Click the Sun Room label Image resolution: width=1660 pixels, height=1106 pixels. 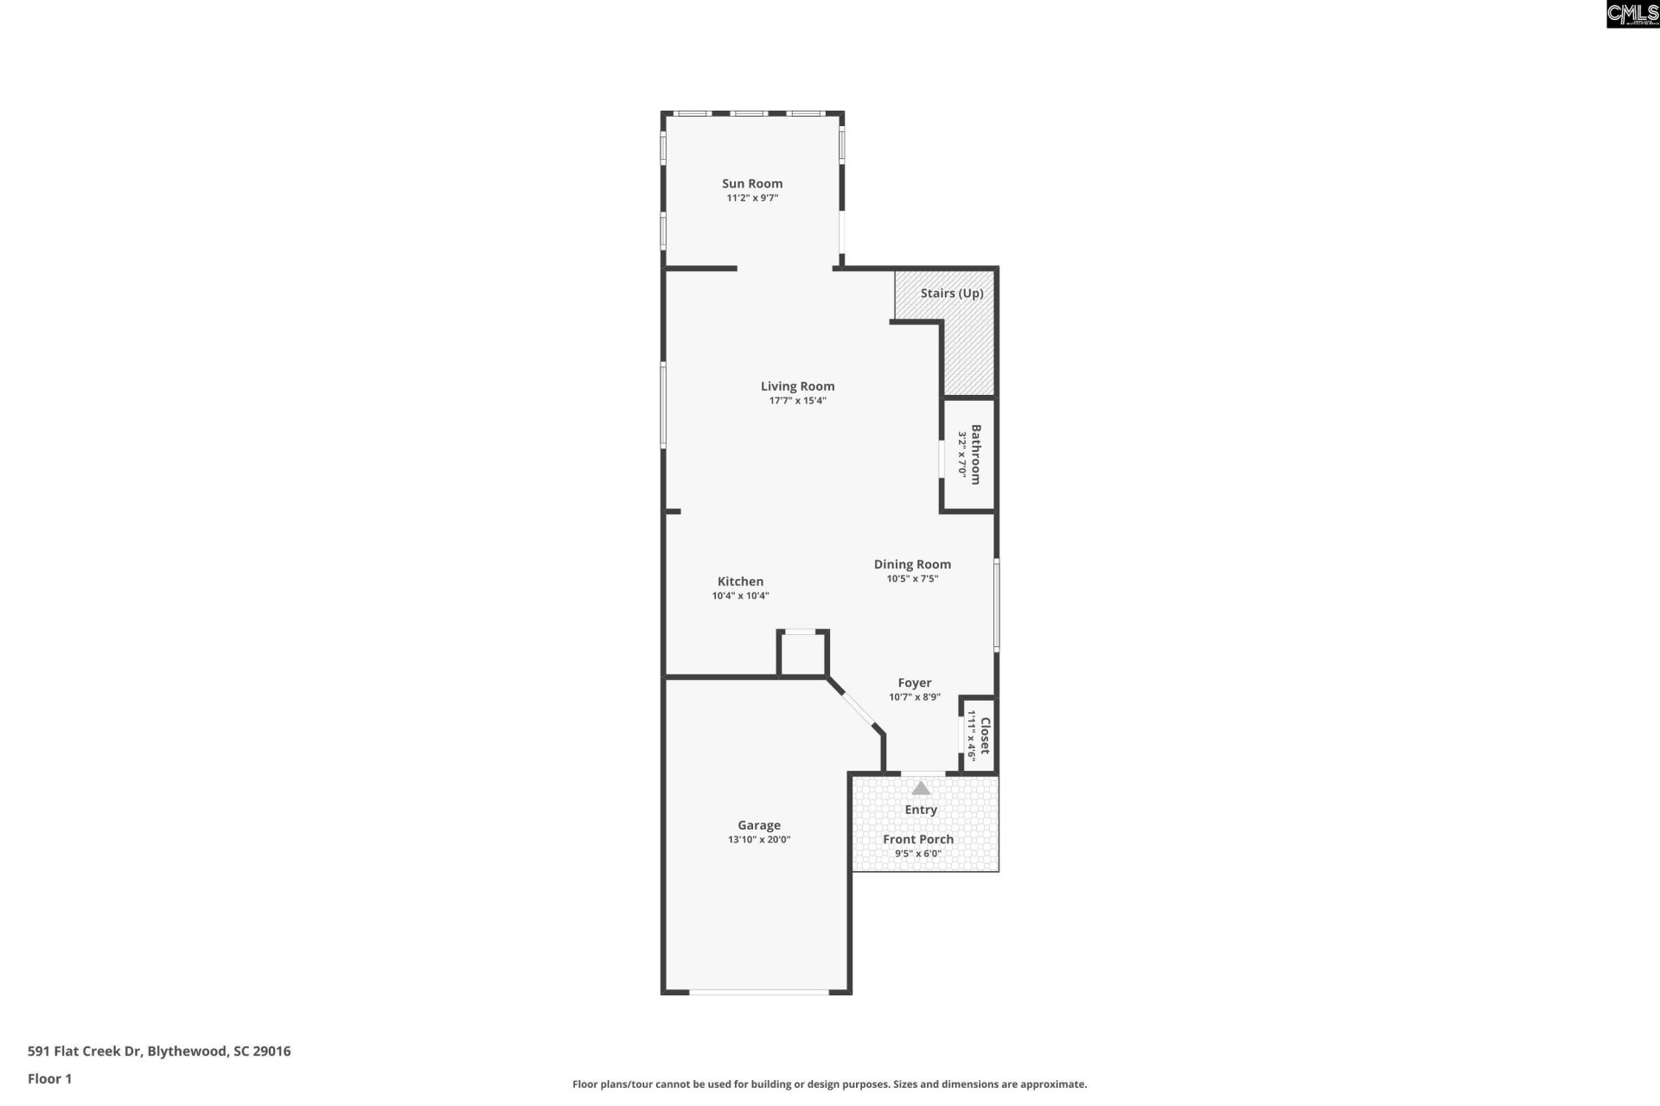[x=752, y=183]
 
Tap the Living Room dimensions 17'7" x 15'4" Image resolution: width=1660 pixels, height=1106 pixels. [x=797, y=401]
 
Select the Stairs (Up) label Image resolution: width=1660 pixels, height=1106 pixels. [x=951, y=293]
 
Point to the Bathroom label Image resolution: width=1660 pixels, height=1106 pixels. [x=975, y=454]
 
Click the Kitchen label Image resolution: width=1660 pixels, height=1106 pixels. [x=740, y=582]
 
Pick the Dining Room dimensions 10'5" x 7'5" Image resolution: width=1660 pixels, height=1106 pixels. [x=912, y=579]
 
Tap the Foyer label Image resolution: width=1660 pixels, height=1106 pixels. [x=914, y=683]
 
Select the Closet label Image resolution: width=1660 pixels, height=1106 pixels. [x=984, y=734]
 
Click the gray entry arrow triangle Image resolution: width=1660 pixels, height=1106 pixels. [x=921, y=788]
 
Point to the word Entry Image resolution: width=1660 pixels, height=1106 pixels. [x=921, y=810]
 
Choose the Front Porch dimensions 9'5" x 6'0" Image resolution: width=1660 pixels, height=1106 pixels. [x=917, y=854]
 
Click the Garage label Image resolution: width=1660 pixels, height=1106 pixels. [x=758, y=825]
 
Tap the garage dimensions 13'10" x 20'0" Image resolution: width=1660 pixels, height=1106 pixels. [x=758, y=840]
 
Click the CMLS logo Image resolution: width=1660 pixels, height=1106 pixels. [x=1632, y=14]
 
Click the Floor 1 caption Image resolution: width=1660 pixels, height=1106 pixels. [x=49, y=1078]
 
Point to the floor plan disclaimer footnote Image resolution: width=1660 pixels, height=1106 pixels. [x=829, y=1084]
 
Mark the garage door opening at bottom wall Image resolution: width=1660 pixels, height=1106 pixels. [x=758, y=992]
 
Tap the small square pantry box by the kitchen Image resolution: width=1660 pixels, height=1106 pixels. [x=803, y=654]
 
